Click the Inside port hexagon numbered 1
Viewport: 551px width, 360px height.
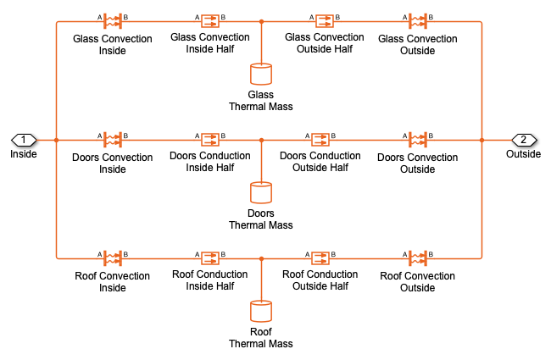coord(24,140)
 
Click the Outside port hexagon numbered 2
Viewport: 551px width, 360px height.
coord(524,140)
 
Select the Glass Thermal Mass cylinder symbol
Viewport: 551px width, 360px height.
coord(261,74)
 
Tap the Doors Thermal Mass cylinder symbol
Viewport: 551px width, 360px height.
coord(261,193)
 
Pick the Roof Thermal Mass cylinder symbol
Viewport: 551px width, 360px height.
coord(261,312)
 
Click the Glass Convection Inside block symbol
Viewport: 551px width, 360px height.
coord(113,21)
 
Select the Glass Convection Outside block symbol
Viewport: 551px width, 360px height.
coord(418,21)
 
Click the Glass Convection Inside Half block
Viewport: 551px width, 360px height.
coord(210,21)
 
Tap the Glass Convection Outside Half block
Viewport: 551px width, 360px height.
coord(325,21)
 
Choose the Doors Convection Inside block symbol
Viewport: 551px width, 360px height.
coord(113,140)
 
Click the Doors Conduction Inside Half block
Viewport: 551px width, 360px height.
coord(210,140)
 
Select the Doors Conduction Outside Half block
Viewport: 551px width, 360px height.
coord(320,140)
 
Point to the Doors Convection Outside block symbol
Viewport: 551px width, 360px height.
coord(418,140)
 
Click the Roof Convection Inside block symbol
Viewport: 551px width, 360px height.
coord(113,258)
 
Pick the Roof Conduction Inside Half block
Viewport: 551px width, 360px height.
coord(210,258)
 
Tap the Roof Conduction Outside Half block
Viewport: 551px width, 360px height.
coord(320,258)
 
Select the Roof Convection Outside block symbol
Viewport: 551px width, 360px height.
coord(418,258)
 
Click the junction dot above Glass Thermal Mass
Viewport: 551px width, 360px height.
coord(261,21)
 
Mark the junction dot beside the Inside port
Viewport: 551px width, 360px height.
coord(56,140)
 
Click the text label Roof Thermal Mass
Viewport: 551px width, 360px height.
coord(261,337)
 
